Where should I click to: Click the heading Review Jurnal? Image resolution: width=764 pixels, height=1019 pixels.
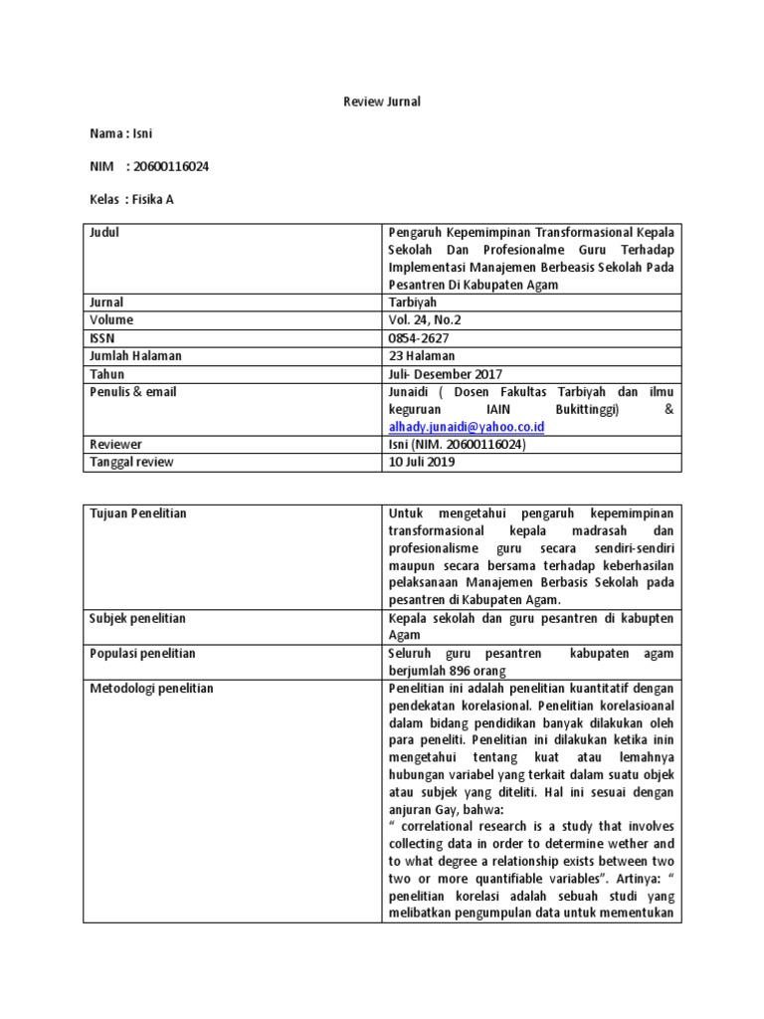pyautogui.click(x=382, y=102)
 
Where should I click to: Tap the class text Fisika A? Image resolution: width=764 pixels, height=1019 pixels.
pyautogui.click(x=154, y=199)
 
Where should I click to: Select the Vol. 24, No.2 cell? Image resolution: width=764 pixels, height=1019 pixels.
pyautogui.click(x=426, y=320)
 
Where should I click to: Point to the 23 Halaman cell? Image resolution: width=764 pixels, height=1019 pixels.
pyautogui.click(x=421, y=356)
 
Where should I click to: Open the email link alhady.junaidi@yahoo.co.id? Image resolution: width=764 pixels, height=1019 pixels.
pyautogui.click(x=467, y=427)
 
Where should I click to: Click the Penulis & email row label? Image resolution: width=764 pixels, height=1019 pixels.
pyautogui.click(x=133, y=392)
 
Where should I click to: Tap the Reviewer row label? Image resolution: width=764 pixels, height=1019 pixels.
pyautogui.click(x=116, y=445)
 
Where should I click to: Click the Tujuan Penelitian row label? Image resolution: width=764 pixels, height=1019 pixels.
pyautogui.click(x=138, y=512)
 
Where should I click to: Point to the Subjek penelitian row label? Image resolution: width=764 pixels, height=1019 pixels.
pyautogui.click(x=138, y=618)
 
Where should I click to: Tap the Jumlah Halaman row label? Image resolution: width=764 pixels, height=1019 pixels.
pyautogui.click(x=136, y=356)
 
